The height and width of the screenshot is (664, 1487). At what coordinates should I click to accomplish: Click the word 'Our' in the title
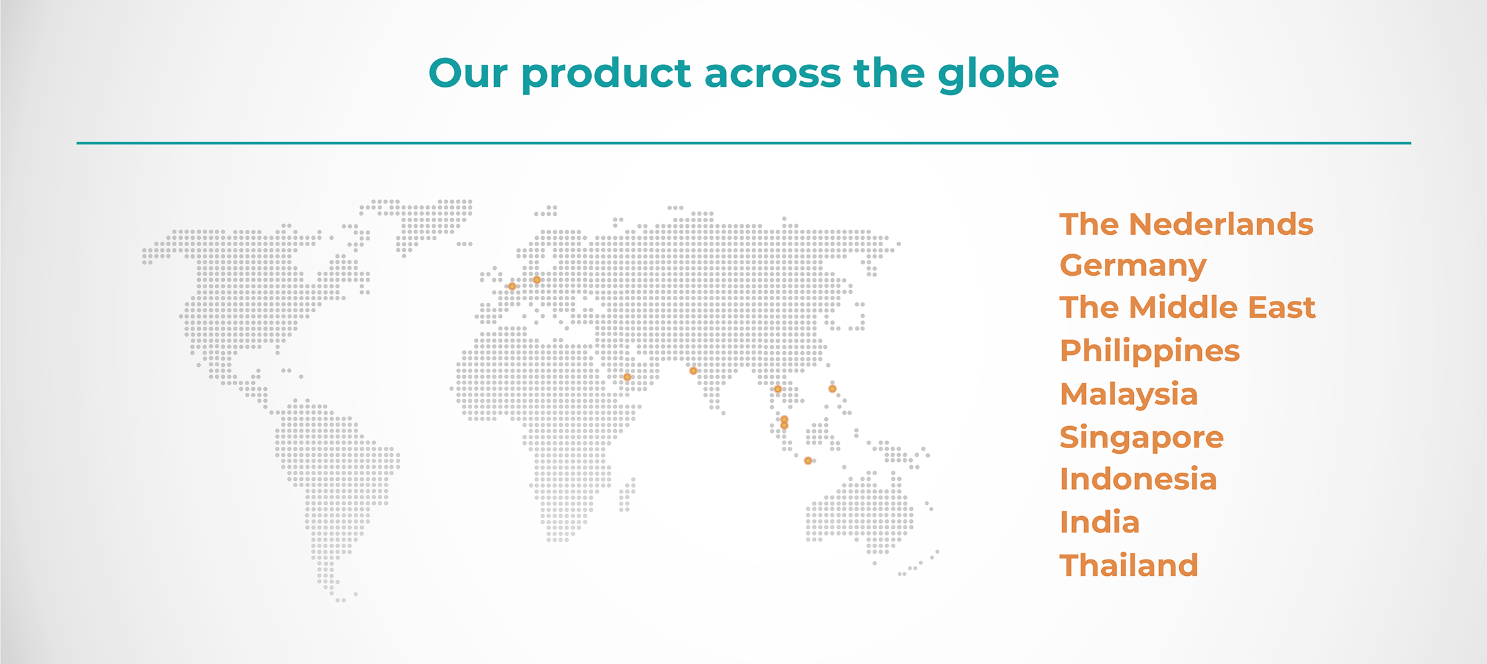(468, 73)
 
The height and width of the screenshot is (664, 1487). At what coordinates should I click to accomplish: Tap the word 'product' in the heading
(606, 76)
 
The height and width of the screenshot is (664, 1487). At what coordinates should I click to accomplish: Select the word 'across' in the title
(772, 74)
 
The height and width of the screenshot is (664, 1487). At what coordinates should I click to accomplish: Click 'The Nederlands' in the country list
(1187, 224)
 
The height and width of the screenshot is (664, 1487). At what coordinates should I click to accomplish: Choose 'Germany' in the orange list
(1133, 267)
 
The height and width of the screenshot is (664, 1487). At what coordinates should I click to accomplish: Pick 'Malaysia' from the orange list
(1129, 395)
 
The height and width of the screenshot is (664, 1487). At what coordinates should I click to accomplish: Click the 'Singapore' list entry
(1142, 438)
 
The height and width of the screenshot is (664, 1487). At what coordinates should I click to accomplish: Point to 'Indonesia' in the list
(1138, 479)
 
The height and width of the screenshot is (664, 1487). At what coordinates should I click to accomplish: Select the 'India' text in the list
(1100, 522)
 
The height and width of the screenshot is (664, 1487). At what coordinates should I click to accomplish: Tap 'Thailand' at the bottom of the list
(1129, 565)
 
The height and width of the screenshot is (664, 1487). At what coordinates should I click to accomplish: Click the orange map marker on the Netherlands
(512, 286)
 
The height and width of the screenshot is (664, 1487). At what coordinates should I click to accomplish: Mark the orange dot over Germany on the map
(536, 280)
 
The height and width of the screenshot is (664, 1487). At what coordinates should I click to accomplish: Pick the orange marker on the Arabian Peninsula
(627, 377)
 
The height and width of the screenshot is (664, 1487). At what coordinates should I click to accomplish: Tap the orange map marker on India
(693, 371)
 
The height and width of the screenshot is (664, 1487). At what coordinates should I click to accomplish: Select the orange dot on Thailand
(777, 389)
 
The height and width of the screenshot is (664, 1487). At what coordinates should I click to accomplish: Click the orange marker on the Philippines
(832, 389)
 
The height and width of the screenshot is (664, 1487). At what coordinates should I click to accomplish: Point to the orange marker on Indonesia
(808, 461)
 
